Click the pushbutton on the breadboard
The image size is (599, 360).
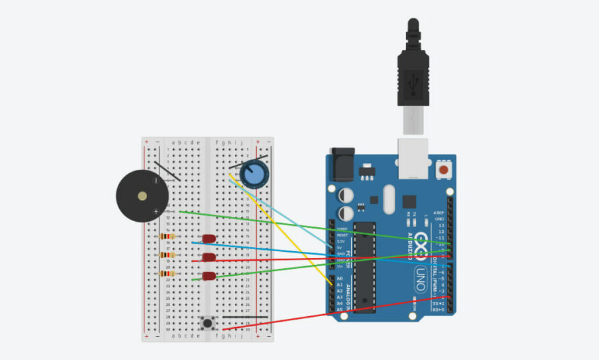[207, 322]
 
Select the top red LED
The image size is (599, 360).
[209, 239]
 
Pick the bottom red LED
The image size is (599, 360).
[209, 277]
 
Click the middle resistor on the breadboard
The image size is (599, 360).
[166, 255]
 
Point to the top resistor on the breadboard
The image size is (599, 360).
[166, 236]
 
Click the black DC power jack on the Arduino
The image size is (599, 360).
[342, 164]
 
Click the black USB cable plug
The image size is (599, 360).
[413, 75]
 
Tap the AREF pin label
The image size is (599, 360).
[439, 213]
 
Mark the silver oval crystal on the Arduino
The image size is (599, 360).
[390, 199]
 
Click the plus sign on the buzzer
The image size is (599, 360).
[157, 211]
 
